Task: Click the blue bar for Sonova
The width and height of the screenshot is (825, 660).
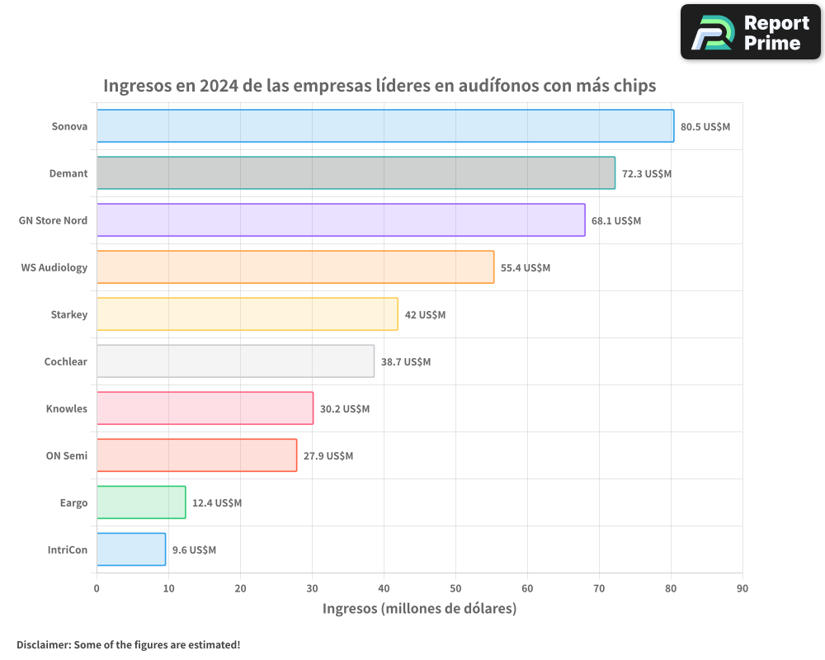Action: (385, 126)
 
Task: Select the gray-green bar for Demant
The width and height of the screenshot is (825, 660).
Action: (356, 173)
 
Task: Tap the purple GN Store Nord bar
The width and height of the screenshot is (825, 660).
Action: (341, 220)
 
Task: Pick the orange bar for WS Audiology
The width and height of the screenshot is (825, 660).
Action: (295, 267)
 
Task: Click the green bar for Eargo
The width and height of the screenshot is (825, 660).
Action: (141, 502)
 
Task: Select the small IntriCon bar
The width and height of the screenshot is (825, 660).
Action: (131, 549)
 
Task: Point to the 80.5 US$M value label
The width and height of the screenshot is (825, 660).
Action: (705, 127)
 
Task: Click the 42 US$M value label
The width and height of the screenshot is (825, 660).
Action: (425, 315)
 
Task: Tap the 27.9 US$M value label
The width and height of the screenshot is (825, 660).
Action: (328, 456)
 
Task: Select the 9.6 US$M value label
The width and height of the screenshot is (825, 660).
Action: (194, 550)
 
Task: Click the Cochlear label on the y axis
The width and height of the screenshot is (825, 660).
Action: (66, 362)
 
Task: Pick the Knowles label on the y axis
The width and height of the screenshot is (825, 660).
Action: (67, 409)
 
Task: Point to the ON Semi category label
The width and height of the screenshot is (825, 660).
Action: (67, 456)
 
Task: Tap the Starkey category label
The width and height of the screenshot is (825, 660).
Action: (68, 315)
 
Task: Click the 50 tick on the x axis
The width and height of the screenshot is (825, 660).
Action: (455, 588)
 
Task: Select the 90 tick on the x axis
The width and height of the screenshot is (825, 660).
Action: (742, 588)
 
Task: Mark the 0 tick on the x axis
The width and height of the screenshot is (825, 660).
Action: (97, 588)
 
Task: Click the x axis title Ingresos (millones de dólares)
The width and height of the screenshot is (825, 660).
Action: (419, 609)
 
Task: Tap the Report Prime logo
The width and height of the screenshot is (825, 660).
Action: (751, 32)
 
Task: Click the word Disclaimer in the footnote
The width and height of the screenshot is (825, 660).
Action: (43, 644)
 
